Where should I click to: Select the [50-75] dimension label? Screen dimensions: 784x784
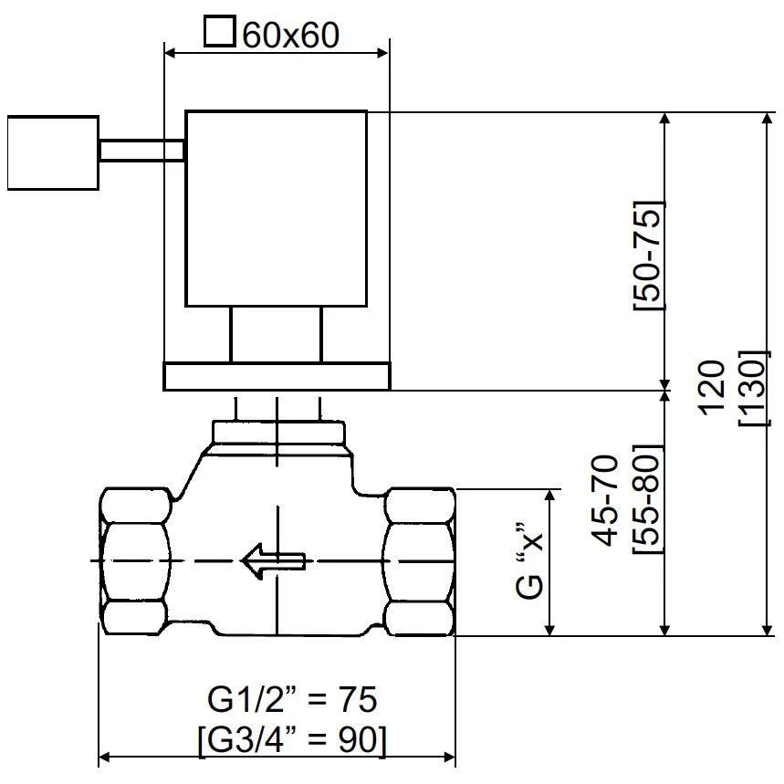click(x=648, y=255)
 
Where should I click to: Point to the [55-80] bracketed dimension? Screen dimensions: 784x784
click(x=647, y=501)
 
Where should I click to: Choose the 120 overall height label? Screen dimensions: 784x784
click(x=711, y=388)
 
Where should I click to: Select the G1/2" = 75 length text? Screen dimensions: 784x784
click(x=291, y=700)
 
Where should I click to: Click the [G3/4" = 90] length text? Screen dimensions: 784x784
click(x=291, y=738)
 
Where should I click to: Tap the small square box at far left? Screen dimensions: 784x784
click(x=51, y=152)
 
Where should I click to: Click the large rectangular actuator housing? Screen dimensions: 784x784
click(x=276, y=208)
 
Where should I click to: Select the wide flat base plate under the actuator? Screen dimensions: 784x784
click(x=276, y=375)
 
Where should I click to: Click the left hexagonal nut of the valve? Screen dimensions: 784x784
click(x=134, y=560)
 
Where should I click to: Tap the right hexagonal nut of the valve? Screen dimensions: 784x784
click(x=419, y=560)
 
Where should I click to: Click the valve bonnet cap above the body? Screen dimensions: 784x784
click(x=277, y=430)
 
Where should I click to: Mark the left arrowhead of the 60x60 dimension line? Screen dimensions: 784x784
click(x=169, y=53)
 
